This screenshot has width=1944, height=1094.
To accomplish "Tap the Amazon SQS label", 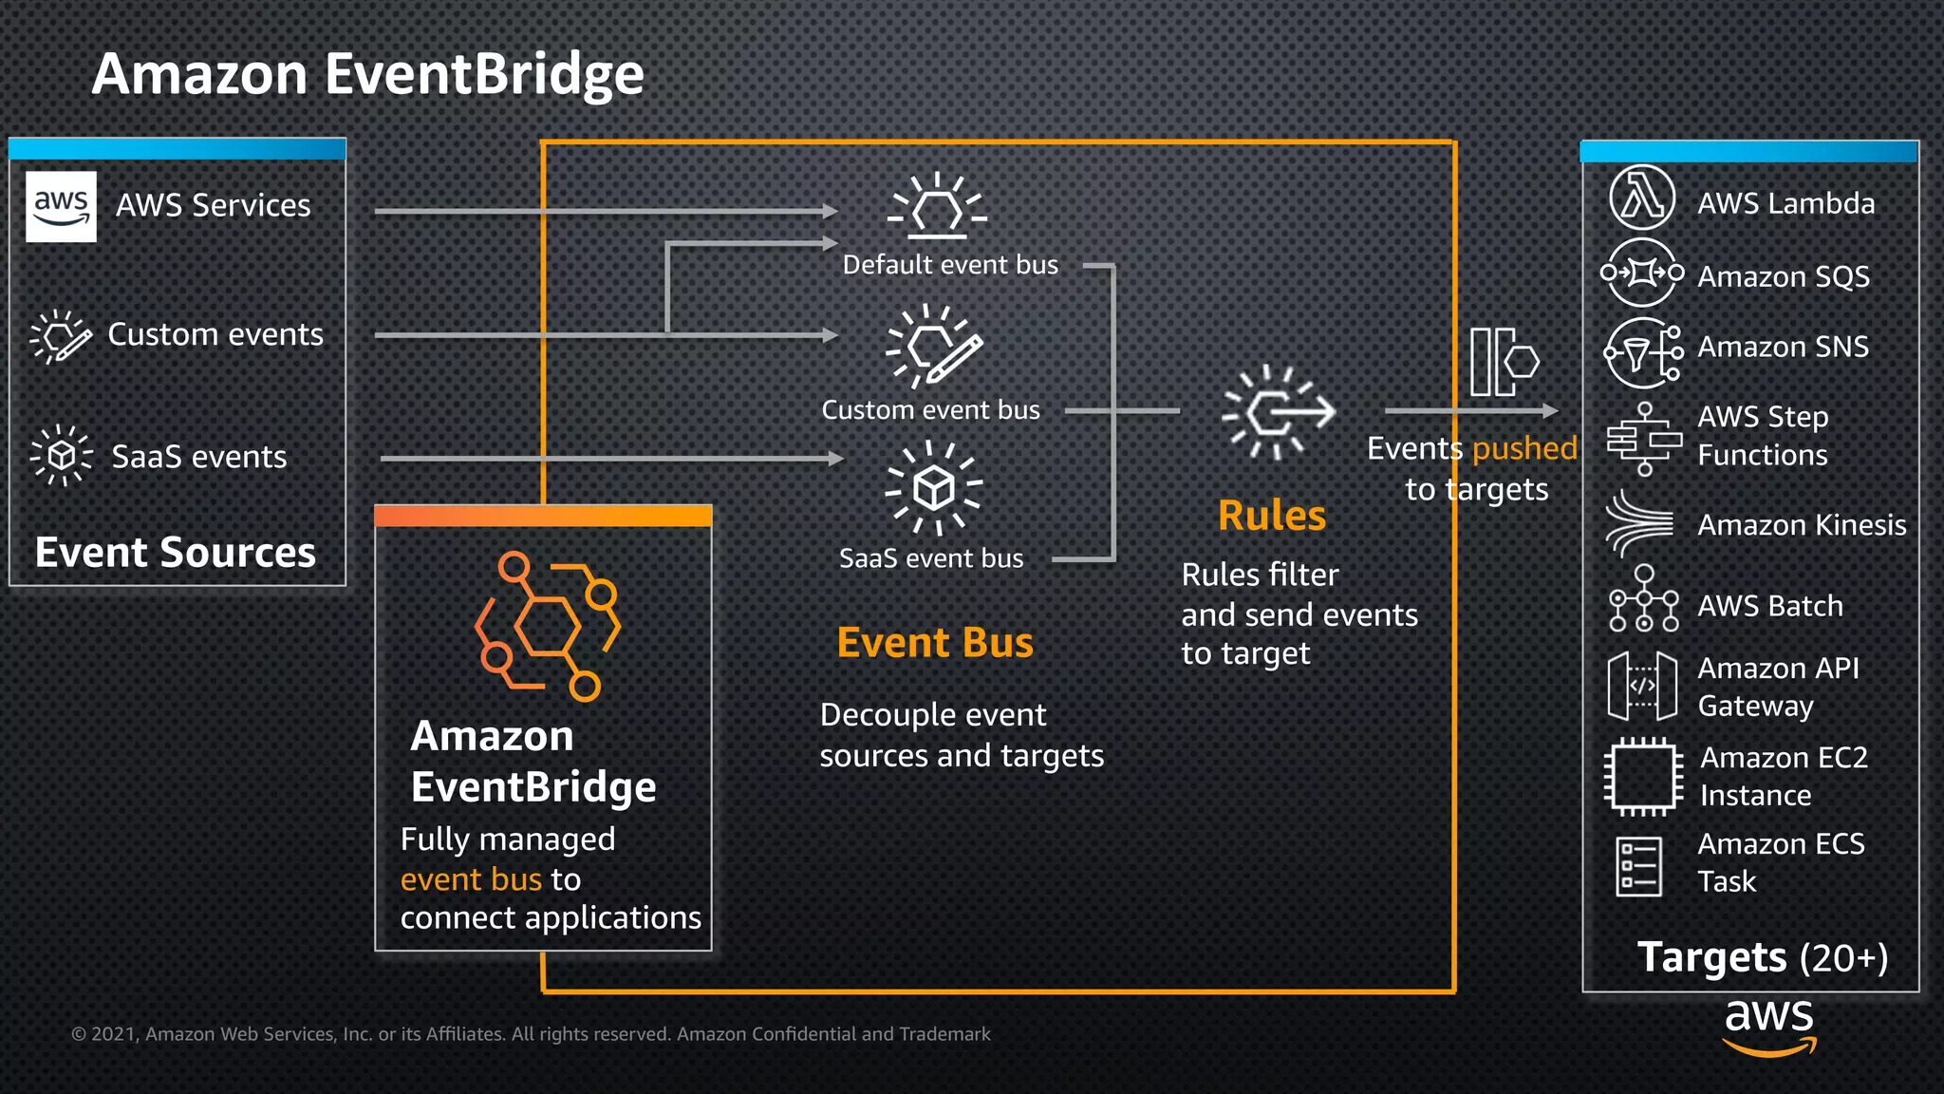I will click(1783, 276).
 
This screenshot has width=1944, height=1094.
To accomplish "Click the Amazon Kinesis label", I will click(1801, 525).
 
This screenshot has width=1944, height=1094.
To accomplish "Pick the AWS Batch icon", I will click(1644, 599).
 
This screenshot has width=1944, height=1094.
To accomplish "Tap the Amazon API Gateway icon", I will click(1642, 686).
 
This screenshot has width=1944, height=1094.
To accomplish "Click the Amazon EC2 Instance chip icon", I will click(1643, 778).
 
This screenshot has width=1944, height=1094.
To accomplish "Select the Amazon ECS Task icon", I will click(1639, 865).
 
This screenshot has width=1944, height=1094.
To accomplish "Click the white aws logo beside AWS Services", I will click(61, 206).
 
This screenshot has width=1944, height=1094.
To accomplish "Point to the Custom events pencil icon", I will click(61, 336).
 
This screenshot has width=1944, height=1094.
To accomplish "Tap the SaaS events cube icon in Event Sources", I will click(61, 456).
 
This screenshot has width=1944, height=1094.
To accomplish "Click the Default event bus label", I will click(949, 265).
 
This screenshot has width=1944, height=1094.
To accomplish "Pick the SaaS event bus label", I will click(930, 558).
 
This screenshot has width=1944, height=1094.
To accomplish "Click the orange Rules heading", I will click(1271, 516).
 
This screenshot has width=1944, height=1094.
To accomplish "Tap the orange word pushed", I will click(1523, 448).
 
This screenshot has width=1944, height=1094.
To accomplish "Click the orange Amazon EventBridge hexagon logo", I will click(548, 626).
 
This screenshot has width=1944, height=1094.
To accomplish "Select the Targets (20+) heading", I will click(1762, 957).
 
